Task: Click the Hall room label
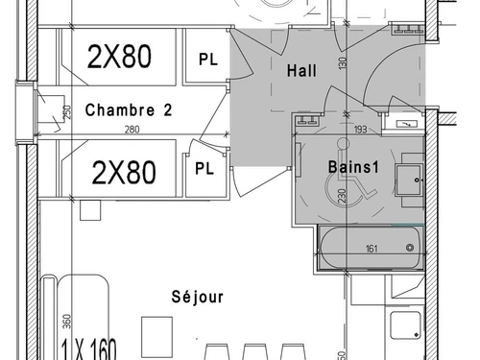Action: tap(301, 70)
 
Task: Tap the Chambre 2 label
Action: tap(129, 109)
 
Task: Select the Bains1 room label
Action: tap(353, 167)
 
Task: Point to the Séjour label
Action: tap(198, 297)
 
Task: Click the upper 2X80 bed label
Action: tap(119, 57)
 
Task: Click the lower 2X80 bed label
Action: tap(124, 173)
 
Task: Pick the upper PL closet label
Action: tap(208, 60)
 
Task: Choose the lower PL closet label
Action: tap(204, 168)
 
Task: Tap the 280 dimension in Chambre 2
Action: tap(132, 130)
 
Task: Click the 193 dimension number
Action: tap(361, 130)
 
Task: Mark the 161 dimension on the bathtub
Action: tap(372, 249)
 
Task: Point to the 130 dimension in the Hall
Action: tap(343, 63)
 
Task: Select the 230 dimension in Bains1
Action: tap(342, 196)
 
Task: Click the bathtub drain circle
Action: tap(410, 248)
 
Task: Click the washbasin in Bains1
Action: tap(408, 180)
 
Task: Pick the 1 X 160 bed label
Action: tap(88, 348)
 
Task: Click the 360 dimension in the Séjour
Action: tap(66, 322)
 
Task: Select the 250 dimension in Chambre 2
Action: tap(67, 112)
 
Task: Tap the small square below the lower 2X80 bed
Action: tap(90, 210)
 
